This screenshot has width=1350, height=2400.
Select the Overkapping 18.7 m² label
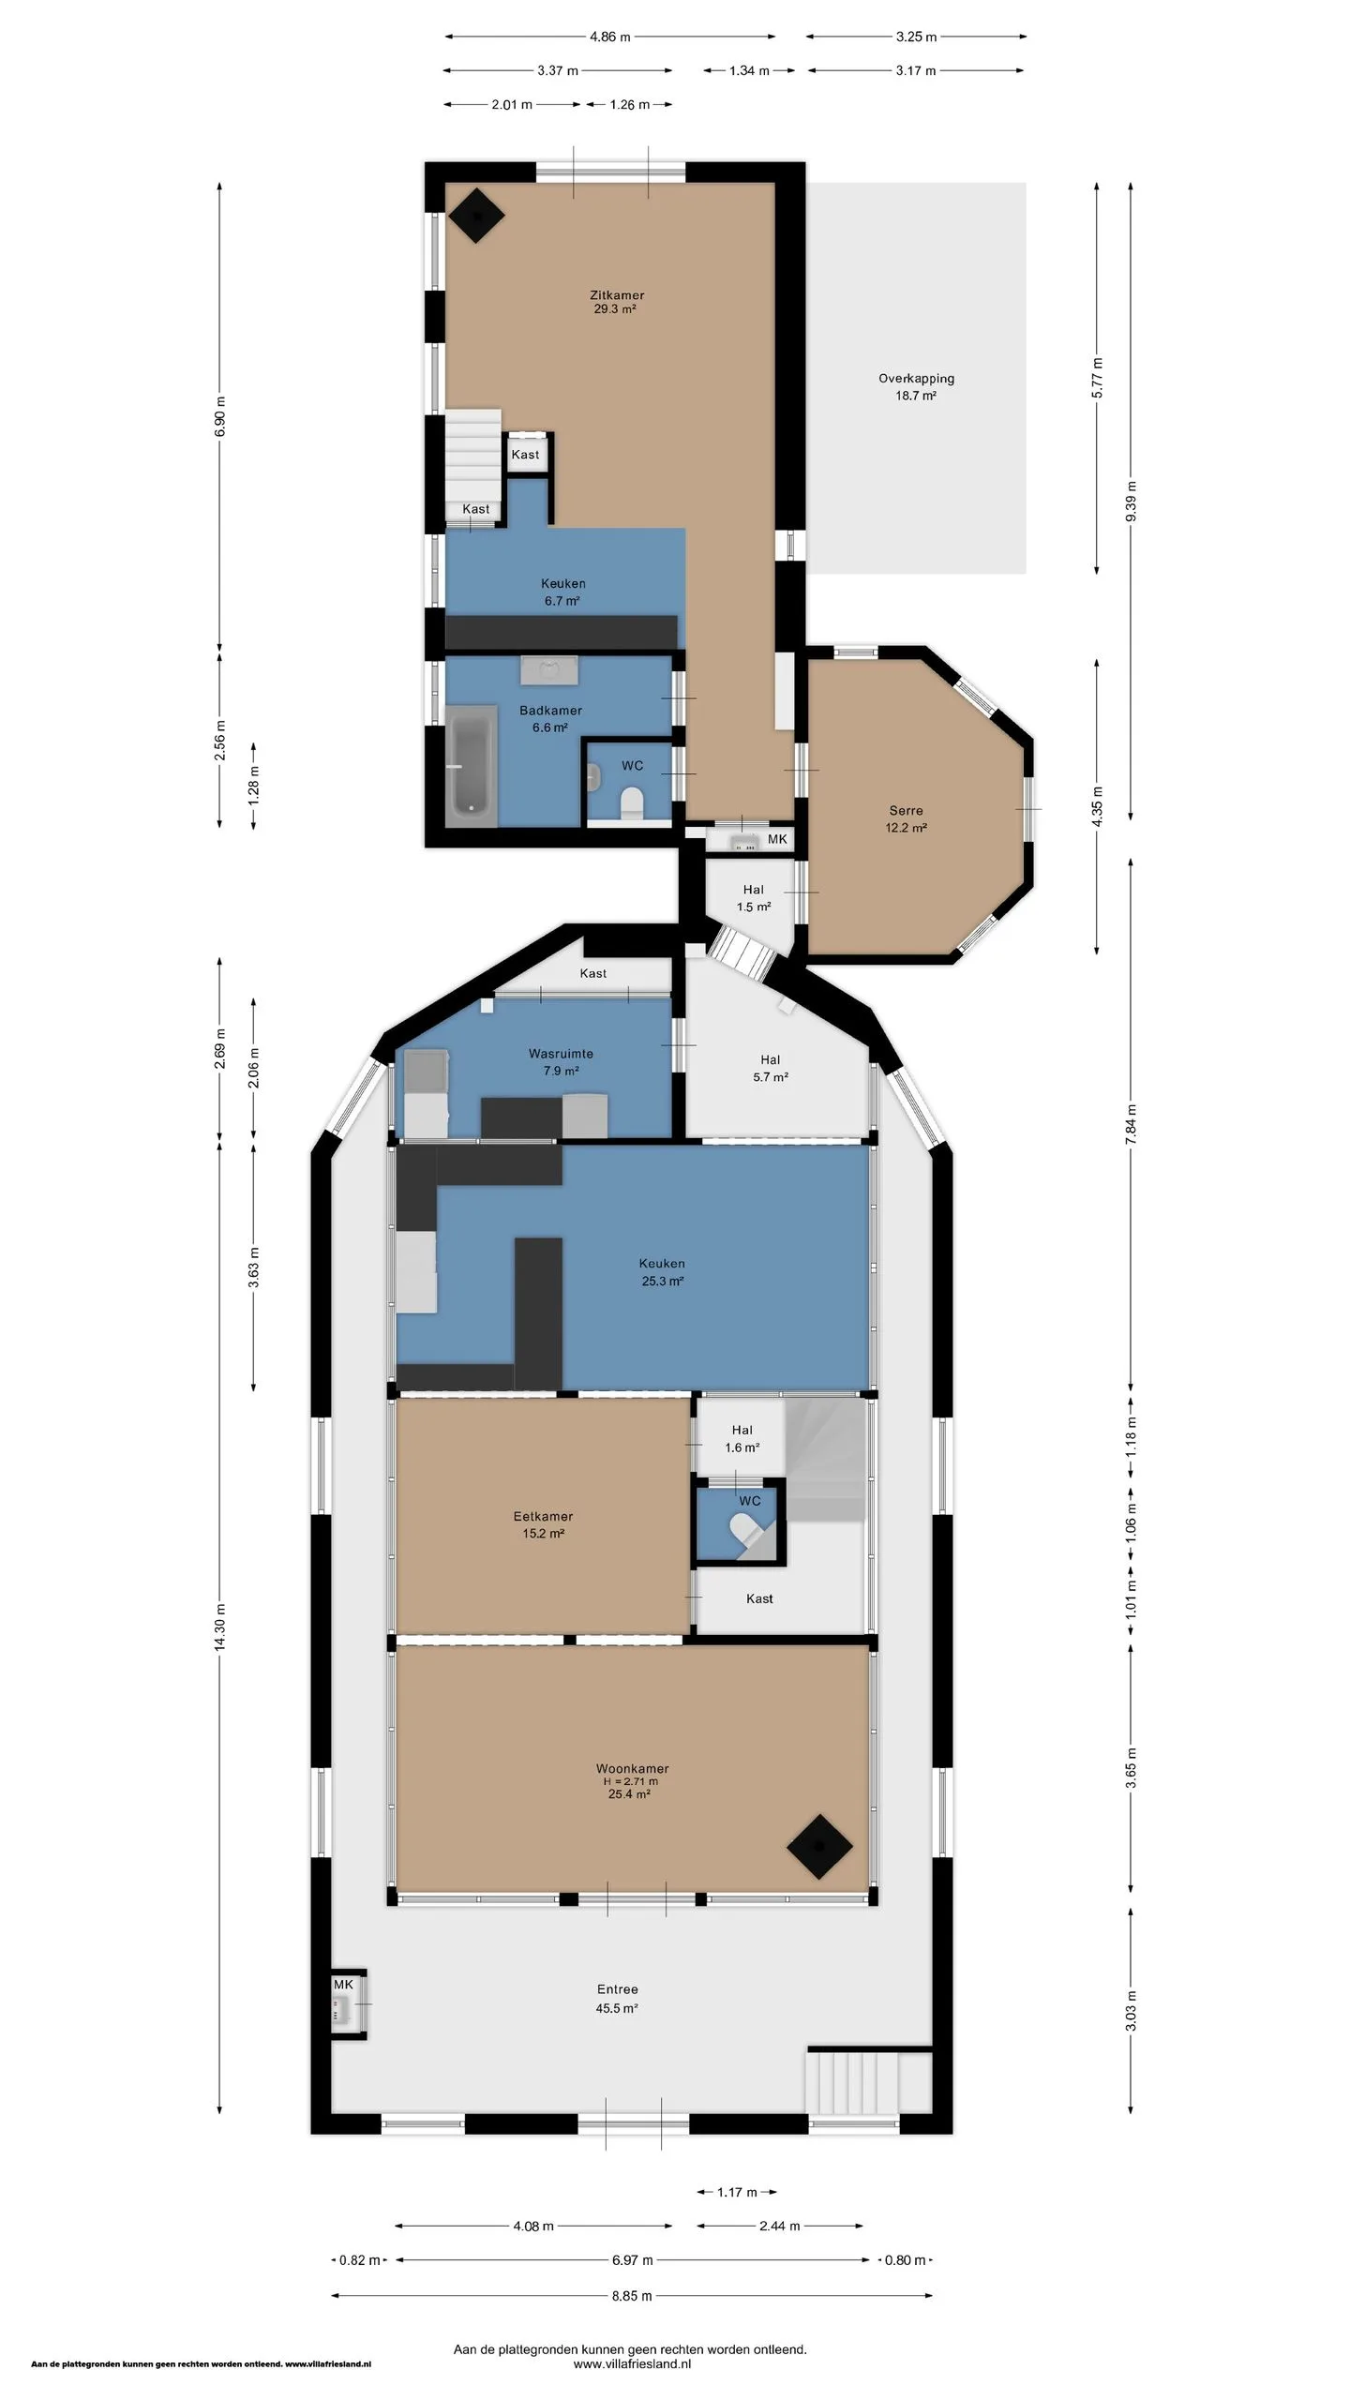pos(916,387)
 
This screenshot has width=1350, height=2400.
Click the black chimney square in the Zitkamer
pos(475,215)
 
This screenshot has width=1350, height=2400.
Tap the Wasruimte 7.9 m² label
pos(561,1062)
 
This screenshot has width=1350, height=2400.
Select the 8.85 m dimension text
pos(632,2296)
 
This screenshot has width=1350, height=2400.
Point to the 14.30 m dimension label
pos(219,1627)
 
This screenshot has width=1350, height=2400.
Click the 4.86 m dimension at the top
pos(609,37)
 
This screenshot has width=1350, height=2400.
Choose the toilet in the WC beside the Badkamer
pos(632,803)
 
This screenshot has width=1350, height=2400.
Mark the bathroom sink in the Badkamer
pos(549,669)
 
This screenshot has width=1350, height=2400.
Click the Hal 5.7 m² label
pos(770,1068)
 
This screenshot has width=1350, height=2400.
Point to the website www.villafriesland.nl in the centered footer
pos(632,2364)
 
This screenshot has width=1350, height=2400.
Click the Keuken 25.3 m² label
pos(662,1272)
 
